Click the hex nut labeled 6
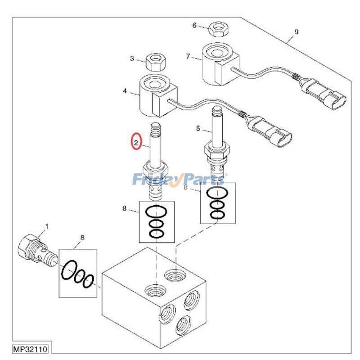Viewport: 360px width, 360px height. tap(218, 29)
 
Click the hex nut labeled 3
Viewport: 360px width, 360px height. tap(155, 62)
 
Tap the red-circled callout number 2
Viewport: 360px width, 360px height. tap(136, 143)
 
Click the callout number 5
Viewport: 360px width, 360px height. tap(198, 129)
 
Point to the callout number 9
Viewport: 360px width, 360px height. tap(297, 31)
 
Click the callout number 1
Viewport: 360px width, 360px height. tap(47, 227)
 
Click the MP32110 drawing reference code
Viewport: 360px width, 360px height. tap(30, 349)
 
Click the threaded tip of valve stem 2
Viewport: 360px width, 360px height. tap(155, 129)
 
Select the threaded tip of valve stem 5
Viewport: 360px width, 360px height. tap(218, 112)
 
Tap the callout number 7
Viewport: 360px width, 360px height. tap(188, 56)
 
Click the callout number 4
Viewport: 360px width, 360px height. tap(125, 91)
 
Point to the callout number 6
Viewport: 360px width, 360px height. tap(194, 25)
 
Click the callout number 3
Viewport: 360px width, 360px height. tap(132, 58)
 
